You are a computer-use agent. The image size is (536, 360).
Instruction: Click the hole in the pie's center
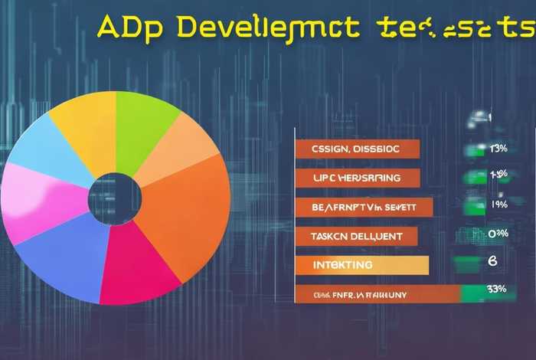point(115,198)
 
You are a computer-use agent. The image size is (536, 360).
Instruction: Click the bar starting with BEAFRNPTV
point(364,207)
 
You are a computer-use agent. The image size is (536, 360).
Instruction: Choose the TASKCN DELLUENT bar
point(356,236)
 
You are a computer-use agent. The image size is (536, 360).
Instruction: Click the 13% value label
point(498,148)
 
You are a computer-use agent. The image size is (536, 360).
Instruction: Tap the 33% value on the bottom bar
point(495,290)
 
